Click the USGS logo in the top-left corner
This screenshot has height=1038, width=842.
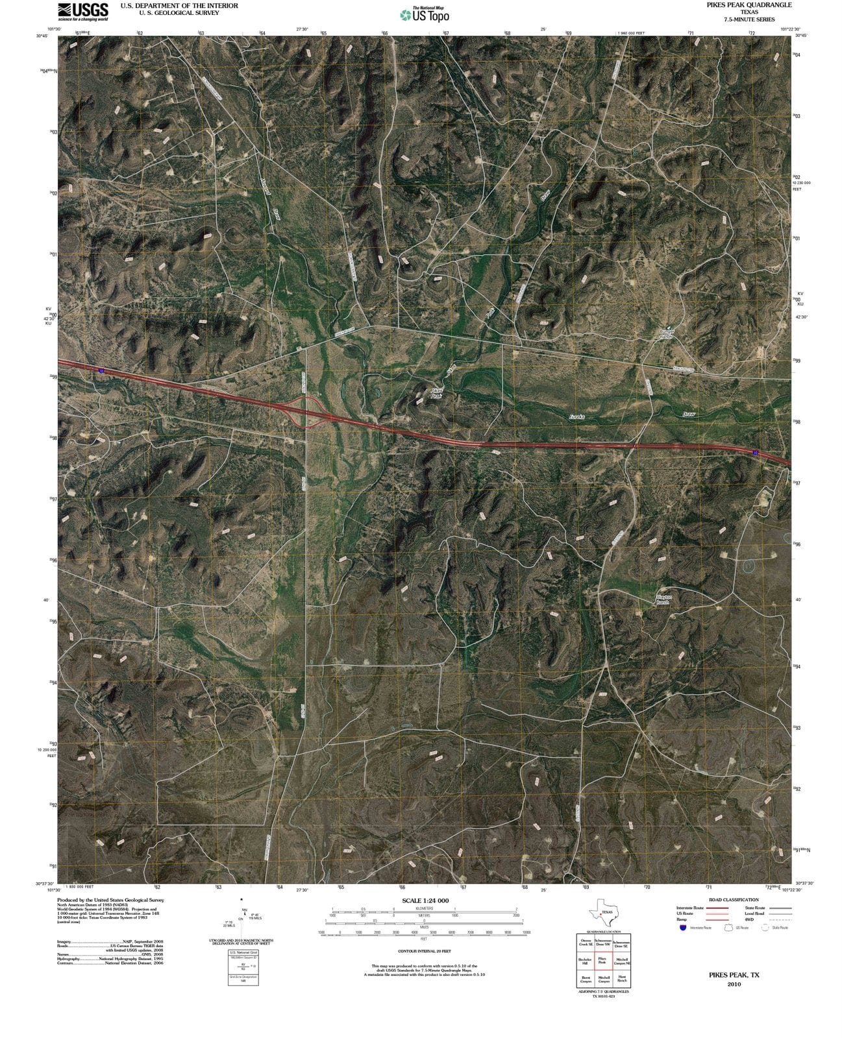point(82,12)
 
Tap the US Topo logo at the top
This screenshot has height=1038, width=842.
point(425,15)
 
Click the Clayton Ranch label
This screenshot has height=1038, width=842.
point(663,599)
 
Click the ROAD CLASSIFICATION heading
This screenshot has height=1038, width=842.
point(734,900)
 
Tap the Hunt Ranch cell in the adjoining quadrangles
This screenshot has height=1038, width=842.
point(622,978)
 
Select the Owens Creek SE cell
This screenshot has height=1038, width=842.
point(585,943)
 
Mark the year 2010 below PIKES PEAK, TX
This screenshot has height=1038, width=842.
point(734,984)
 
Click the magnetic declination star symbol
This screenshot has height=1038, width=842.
point(241,900)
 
